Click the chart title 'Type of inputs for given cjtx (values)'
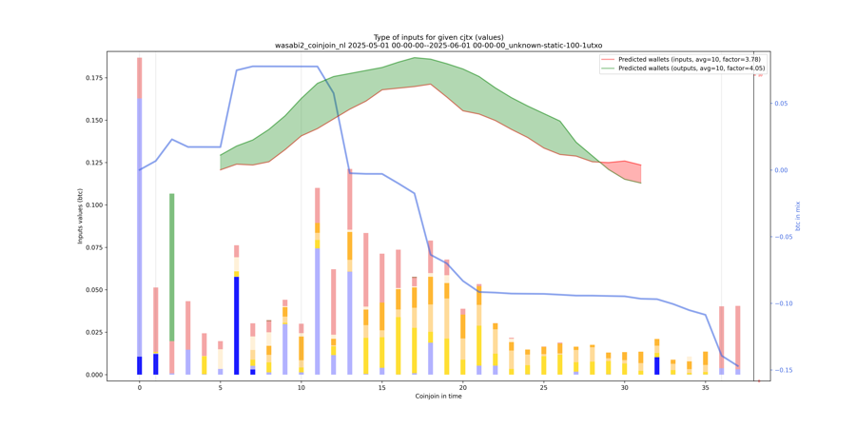[x=438, y=37]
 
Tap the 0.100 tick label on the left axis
[x=91, y=205]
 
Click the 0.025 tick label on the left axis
[x=91, y=332]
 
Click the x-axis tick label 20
[x=463, y=388]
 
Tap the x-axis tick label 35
[x=705, y=388]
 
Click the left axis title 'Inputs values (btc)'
[x=81, y=216]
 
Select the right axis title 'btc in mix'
[x=798, y=216]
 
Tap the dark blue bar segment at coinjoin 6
[x=237, y=323]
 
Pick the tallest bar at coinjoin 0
[x=140, y=219]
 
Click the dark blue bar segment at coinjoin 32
[x=656, y=365]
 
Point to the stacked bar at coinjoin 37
[x=737, y=338]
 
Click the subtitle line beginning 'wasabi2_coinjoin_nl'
[x=438, y=46]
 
